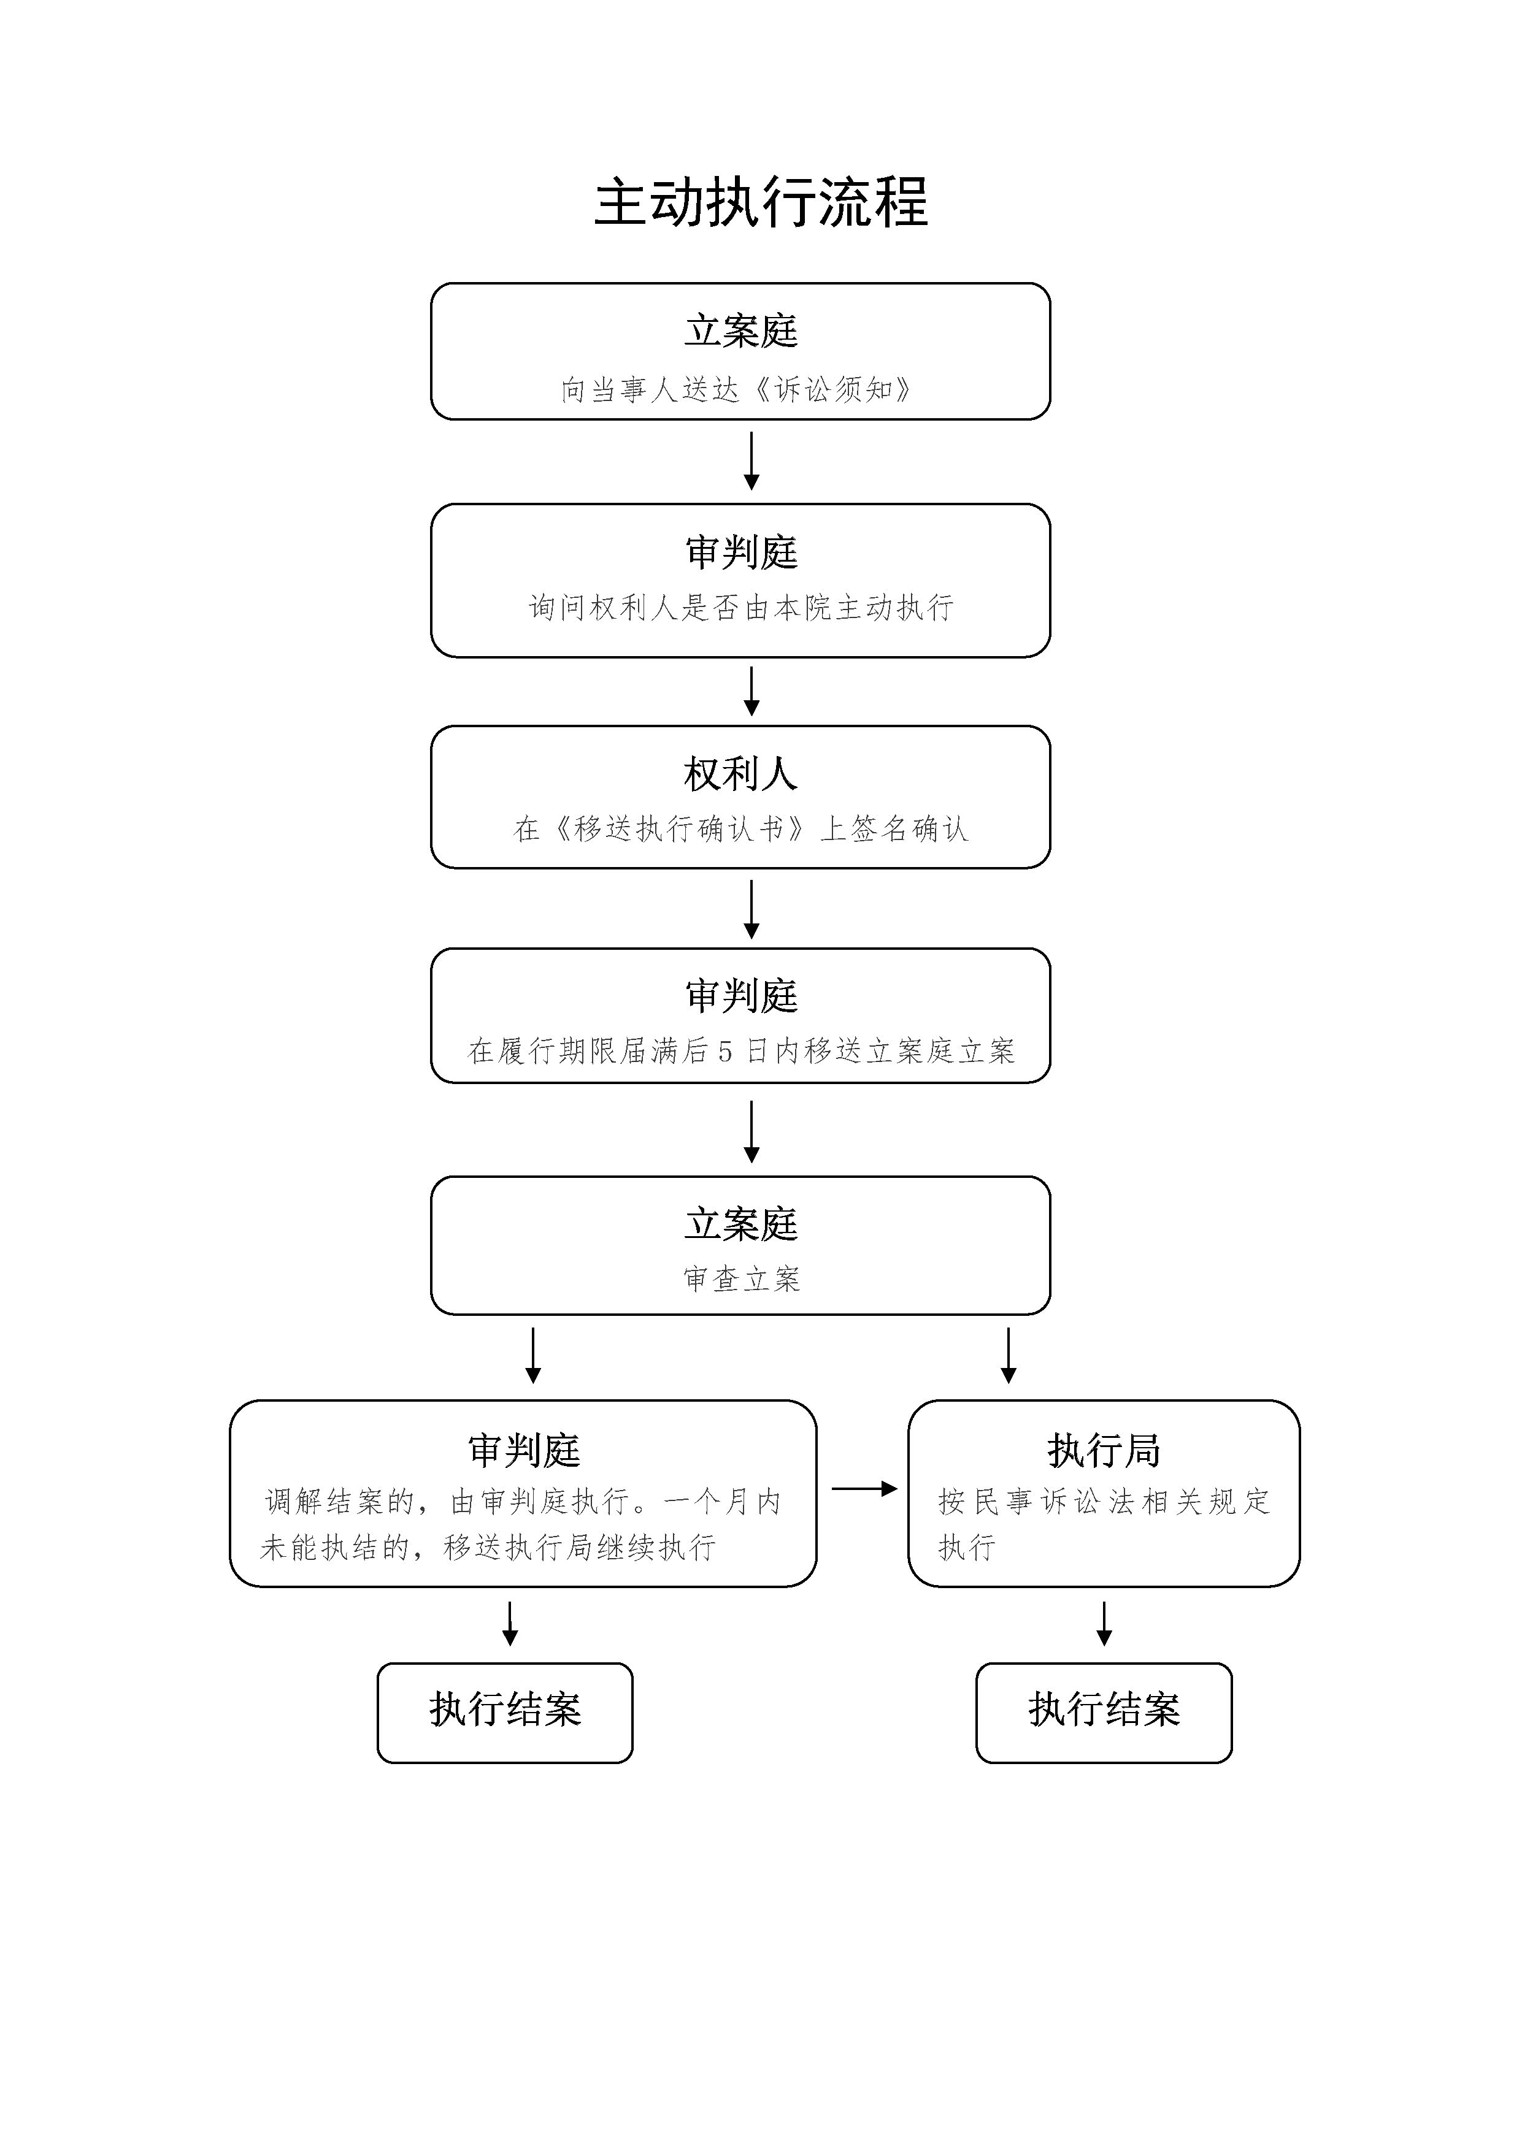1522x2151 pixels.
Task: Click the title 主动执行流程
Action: click(760, 202)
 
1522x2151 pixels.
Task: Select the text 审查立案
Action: click(740, 1280)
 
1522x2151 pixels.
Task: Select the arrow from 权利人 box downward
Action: click(751, 909)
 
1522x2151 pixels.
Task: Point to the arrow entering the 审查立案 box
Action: click(751, 1131)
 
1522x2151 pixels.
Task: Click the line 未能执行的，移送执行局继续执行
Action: click(487, 1548)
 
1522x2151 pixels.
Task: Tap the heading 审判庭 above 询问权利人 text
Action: click(740, 552)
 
